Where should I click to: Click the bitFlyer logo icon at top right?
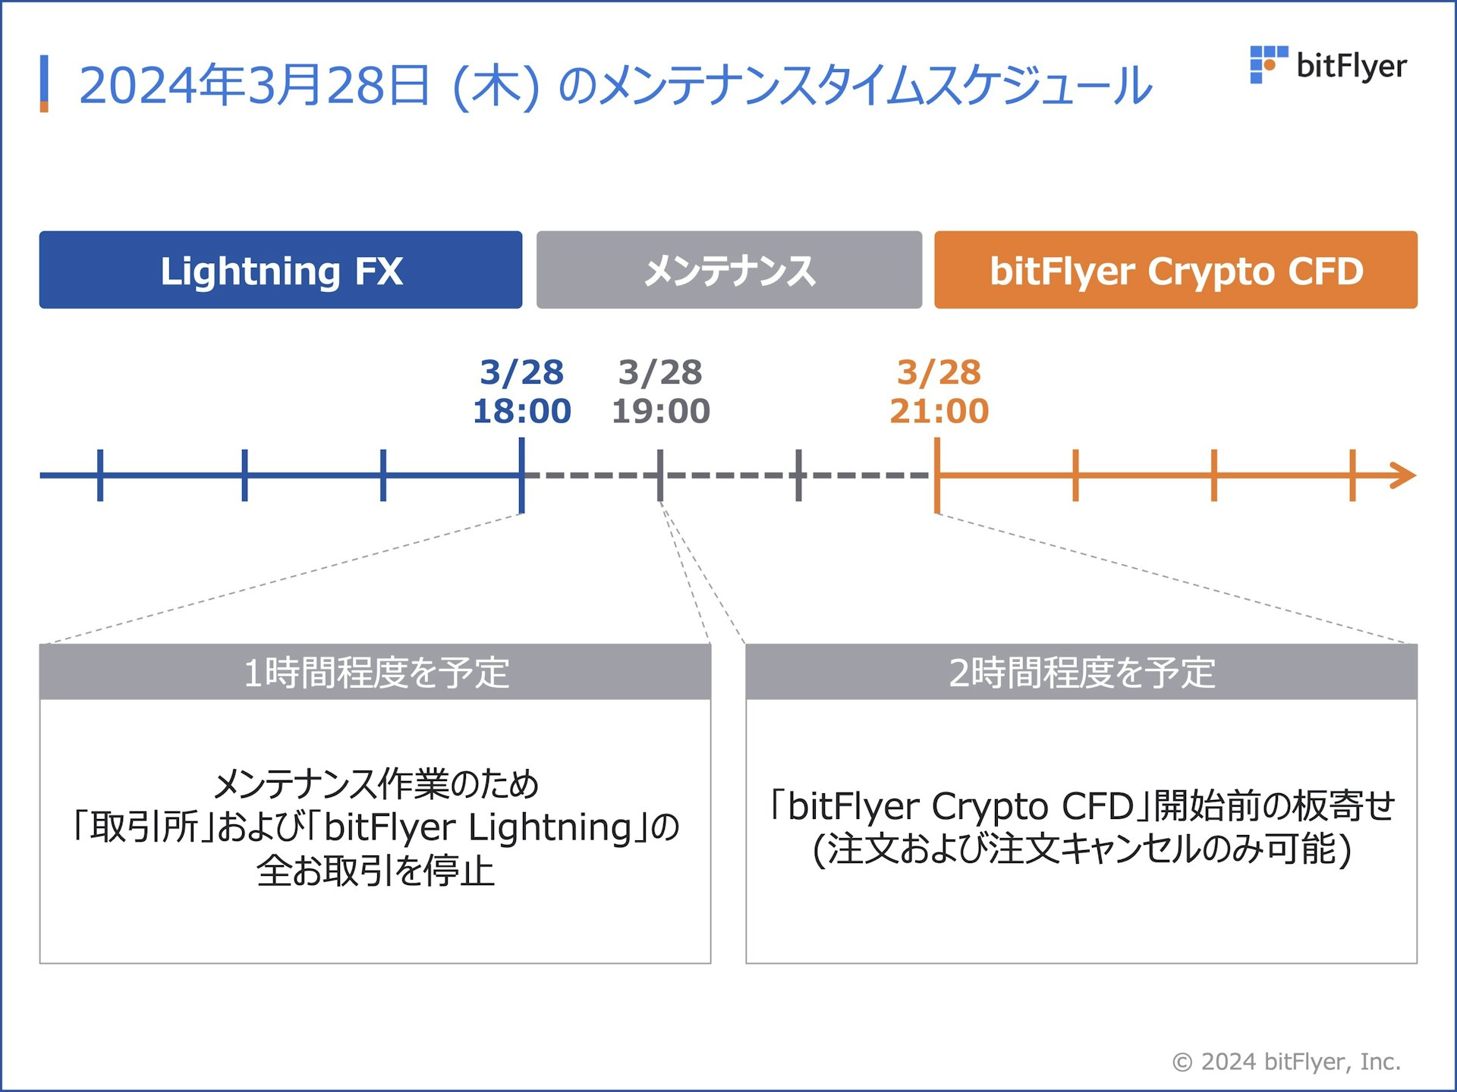pos(1267,64)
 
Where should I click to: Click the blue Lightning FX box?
pos(281,271)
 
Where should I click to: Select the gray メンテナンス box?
pos(729,271)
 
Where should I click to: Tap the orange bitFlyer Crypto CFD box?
pos(1175,271)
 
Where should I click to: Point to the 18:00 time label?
pos(522,411)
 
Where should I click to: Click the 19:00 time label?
pos(661,411)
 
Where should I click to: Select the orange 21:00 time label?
pos(939,411)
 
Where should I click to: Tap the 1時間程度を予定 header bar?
pos(375,673)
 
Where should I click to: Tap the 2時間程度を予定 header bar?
pos(1081,673)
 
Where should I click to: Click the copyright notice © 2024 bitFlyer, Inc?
pos(1286,1062)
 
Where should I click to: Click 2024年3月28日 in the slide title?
pos(254,85)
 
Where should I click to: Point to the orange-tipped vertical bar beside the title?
pos(44,83)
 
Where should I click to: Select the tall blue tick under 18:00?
pos(522,475)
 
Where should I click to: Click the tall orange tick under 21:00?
pos(938,475)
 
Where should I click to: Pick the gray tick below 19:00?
pos(660,475)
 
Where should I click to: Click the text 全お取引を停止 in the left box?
pos(375,871)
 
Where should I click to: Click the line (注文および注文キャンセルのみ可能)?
pos(1081,849)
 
